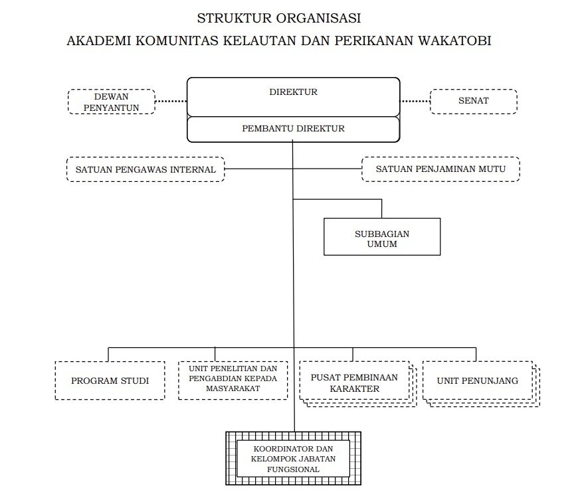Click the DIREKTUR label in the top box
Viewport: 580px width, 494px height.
293,92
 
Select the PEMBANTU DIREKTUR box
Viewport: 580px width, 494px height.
293,129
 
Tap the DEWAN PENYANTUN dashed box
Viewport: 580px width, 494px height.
111,102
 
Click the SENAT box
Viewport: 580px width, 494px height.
473,101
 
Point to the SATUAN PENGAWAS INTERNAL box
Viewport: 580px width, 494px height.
145,169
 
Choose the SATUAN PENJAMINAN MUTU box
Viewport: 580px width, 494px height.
440,169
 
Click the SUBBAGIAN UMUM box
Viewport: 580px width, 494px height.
382,238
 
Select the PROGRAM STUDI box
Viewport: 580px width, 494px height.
110,380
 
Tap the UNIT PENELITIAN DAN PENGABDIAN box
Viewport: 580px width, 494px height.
233,380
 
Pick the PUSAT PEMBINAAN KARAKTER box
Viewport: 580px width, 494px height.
354,382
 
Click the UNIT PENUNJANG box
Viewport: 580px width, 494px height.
477,381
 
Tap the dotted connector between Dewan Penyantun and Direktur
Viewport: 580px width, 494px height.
171,102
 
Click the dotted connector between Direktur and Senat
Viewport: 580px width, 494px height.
415,102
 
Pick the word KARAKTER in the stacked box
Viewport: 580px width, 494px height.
354,388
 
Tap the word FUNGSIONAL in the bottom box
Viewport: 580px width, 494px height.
293,469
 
